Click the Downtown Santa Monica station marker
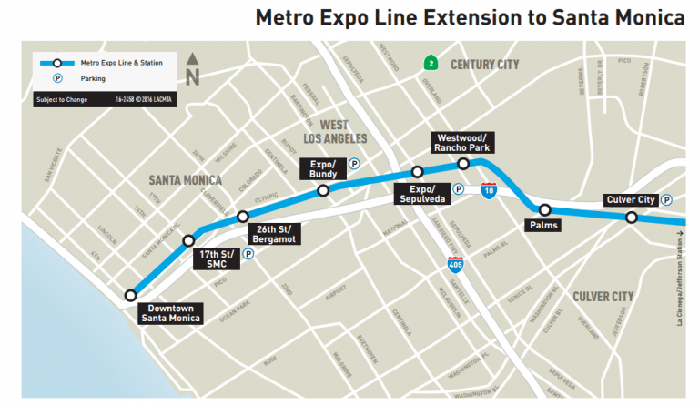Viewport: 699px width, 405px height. pyautogui.click(x=132, y=295)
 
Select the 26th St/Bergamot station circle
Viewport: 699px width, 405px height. pyautogui.click(x=242, y=216)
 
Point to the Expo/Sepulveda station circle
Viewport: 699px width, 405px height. pyautogui.click(x=417, y=172)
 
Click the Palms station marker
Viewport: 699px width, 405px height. pyautogui.click(x=544, y=209)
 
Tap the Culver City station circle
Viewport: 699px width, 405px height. pyautogui.click(x=631, y=217)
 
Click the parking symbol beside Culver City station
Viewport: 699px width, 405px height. pyautogui.click(x=666, y=200)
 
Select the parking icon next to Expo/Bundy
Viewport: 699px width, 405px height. pyautogui.click(x=354, y=165)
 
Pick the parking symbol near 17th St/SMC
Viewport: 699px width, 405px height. pyautogui.click(x=247, y=255)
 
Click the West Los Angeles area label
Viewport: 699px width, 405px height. pyautogui.click(x=341, y=131)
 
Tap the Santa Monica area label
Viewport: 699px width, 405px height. pyautogui.click(x=186, y=180)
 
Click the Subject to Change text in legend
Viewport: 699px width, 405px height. pyautogui.click(x=62, y=98)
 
